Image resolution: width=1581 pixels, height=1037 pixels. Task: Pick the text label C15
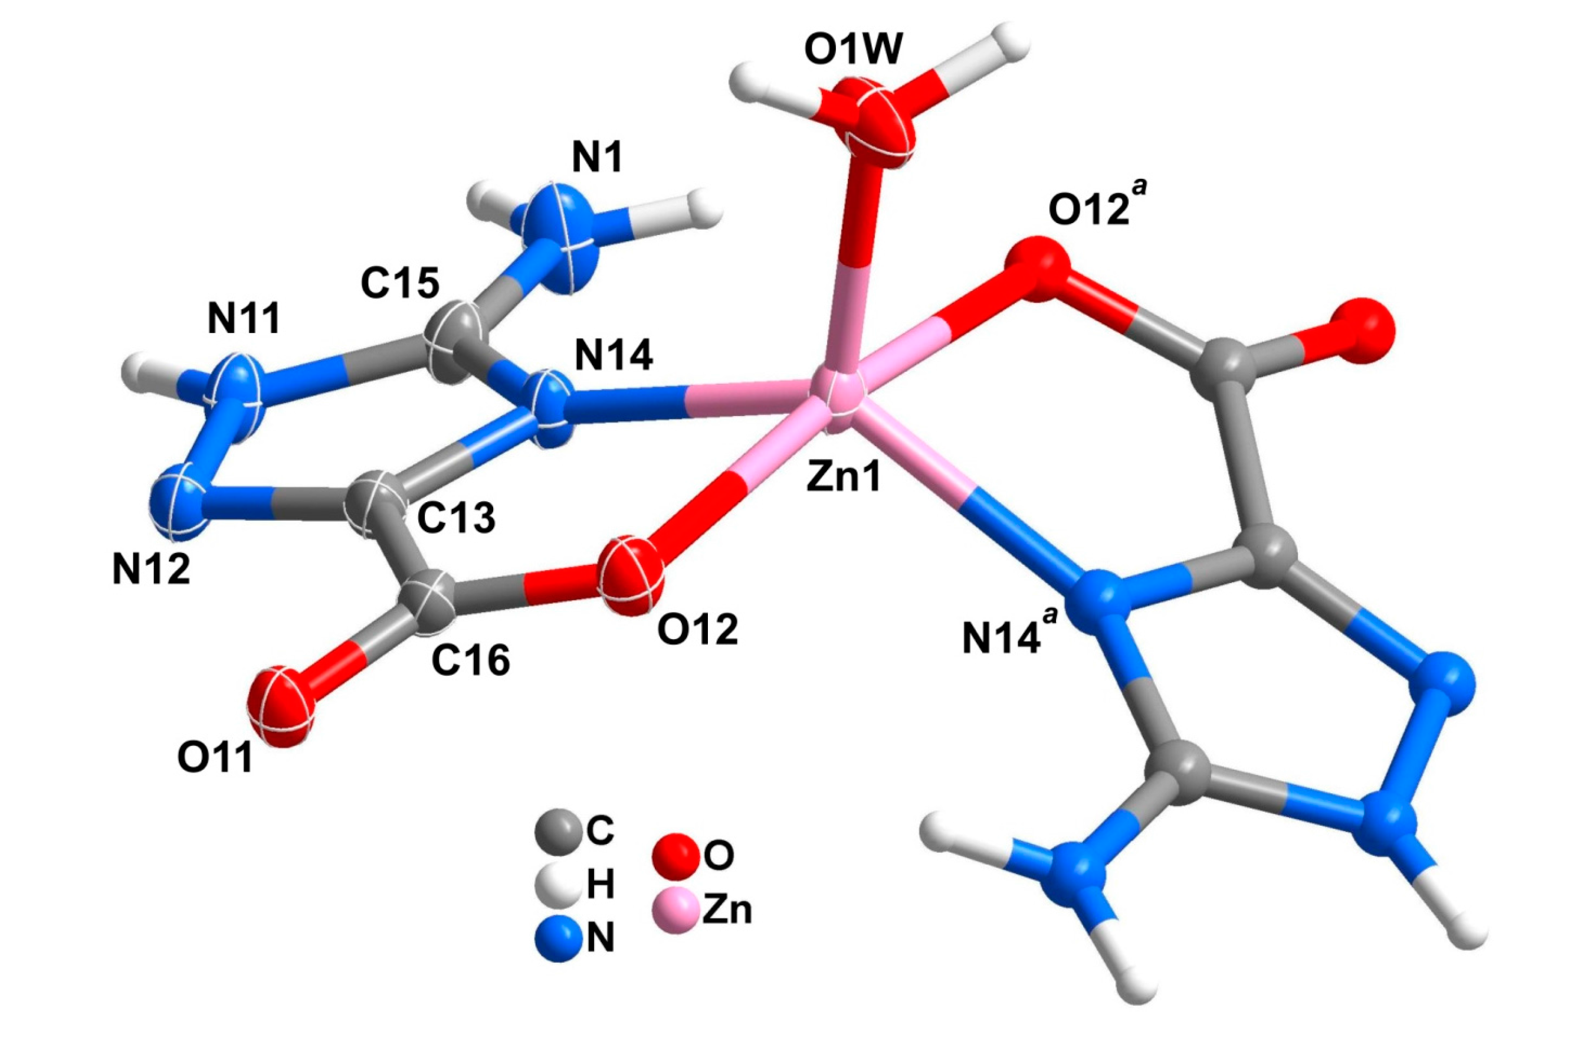pyautogui.click(x=400, y=284)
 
